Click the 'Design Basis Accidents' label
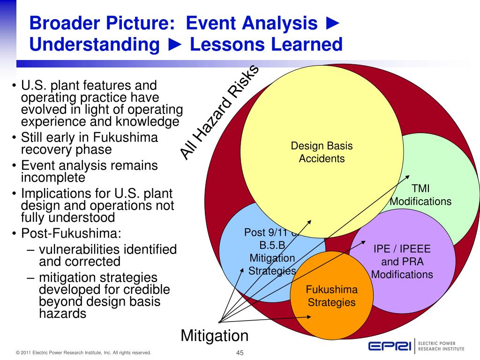point(322,152)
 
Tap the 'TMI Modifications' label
point(420,195)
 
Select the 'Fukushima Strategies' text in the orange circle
point(331,296)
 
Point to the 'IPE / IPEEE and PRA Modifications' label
point(402,262)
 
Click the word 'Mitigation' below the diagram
point(214,336)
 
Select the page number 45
point(240,353)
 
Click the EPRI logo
point(389,346)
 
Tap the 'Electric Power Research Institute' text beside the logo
point(441,346)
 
